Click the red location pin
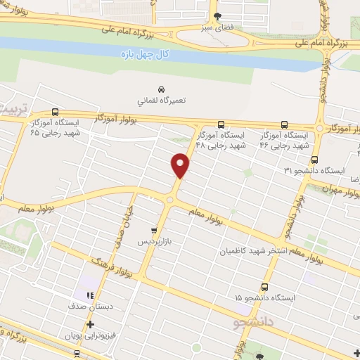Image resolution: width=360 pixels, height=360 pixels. [x=181, y=165]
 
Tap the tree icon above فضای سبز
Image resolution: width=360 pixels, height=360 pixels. [x=217, y=17]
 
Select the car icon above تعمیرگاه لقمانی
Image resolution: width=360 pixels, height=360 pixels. [x=162, y=89]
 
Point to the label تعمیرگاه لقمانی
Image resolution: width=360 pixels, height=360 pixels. [x=162, y=101]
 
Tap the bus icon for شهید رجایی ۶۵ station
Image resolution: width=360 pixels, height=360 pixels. [x=56, y=112]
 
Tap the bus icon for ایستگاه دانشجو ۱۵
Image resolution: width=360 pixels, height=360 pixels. [x=264, y=287]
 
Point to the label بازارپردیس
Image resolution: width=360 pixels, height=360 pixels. [x=154, y=240]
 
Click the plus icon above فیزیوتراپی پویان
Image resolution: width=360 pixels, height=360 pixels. [x=89, y=324]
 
